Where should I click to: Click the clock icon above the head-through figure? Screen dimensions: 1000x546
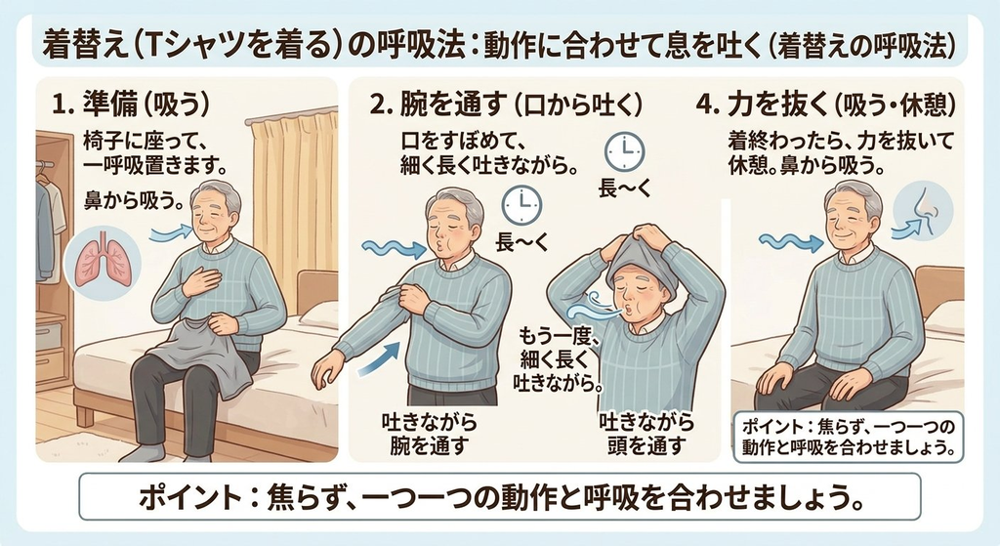pos(624,151)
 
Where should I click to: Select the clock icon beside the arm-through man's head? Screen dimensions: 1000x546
pos(521,205)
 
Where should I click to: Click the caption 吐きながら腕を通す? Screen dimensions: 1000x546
pos(430,434)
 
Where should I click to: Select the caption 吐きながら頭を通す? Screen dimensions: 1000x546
pos(646,434)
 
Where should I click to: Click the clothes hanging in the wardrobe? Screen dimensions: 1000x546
pos(50,224)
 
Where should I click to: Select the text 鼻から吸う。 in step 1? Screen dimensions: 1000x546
pos(133,200)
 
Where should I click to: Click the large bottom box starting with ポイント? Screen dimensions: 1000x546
pos(499,495)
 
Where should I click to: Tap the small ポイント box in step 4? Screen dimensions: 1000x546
pos(849,437)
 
